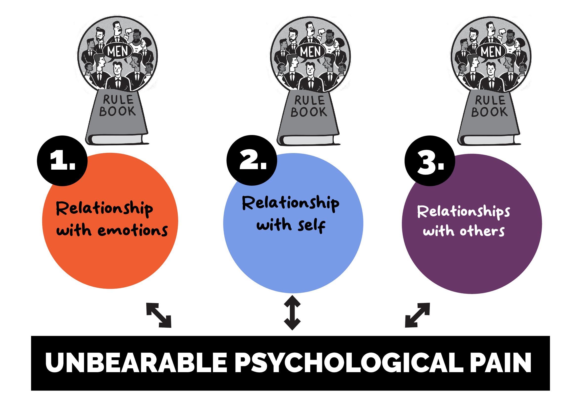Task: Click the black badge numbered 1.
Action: click(x=62, y=161)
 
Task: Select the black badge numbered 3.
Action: click(x=429, y=161)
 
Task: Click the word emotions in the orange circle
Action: click(x=132, y=230)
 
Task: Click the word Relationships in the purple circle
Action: click(x=463, y=212)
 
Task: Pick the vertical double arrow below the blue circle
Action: click(x=292, y=313)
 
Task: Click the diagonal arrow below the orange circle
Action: click(x=159, y=315)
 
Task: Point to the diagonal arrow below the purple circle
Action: click(x=417, y=315)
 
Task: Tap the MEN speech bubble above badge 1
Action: click(x=118, y=51)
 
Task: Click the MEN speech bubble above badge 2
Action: click(x=310, y=51)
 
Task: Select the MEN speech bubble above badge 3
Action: click(x=491, y=51)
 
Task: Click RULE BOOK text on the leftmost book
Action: click(x=118, y=106)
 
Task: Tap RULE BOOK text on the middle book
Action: click(x=309, y=107)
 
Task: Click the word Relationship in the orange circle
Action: click(x=104, y=209)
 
